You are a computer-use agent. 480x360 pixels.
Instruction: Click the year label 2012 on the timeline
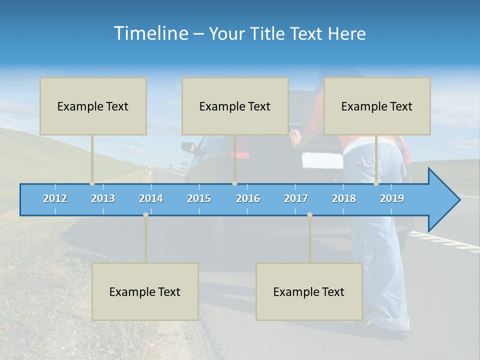pos(55,198)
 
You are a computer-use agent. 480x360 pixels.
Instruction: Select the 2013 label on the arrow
pos(103,198)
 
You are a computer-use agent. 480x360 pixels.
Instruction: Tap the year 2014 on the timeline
pos(151,198)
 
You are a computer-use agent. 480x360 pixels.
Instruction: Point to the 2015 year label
pos(199,198)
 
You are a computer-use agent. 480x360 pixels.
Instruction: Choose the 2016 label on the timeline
pos(248,198)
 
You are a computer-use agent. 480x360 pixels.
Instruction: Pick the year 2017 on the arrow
pos(296,198)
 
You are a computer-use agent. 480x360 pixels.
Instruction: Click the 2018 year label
pos(344,198)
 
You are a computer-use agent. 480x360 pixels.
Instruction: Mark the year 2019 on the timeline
pos(392,198)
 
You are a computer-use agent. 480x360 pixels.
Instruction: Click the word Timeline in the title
pos(150,33)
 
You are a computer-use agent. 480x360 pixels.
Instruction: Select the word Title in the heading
pos(271,33)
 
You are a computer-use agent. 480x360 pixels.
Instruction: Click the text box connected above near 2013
pos(93,106)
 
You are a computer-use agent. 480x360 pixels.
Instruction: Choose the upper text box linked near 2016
pos(235,106)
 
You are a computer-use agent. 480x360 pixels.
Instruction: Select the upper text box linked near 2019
pos(377,106)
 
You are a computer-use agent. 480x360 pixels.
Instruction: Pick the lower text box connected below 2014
pos(145,291)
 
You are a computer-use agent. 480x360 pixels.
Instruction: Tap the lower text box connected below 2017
pos(309,291)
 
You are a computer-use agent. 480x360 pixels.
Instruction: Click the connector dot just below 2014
pos(145,214)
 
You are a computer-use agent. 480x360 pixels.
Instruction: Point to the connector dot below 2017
pos(309,214)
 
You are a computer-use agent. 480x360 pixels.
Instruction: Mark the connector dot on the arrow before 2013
pos(92,183)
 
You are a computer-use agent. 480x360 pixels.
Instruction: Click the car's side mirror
pos(188,146)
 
